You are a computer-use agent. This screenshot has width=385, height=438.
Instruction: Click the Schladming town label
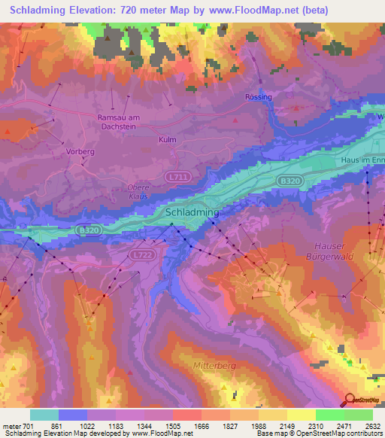tap(192, 213)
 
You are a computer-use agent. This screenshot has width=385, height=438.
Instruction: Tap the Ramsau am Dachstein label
tap(120, 122)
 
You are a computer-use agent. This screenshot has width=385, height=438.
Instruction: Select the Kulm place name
tap(168, 140)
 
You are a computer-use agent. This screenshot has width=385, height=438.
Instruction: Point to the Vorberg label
tap(79, 151)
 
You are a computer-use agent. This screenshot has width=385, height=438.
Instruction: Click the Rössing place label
tap(259, 97)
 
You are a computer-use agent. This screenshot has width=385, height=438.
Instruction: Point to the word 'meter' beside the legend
tap(11, 426)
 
